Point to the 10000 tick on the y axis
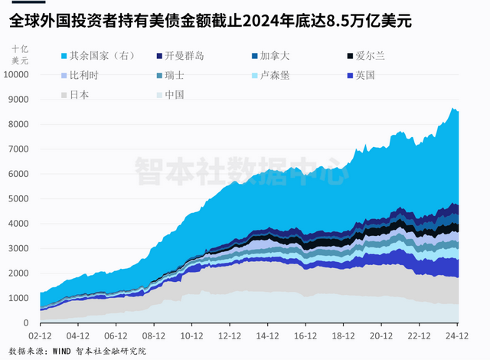[16, 75]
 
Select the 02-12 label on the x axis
[40, 335]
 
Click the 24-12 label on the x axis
[456, 335]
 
